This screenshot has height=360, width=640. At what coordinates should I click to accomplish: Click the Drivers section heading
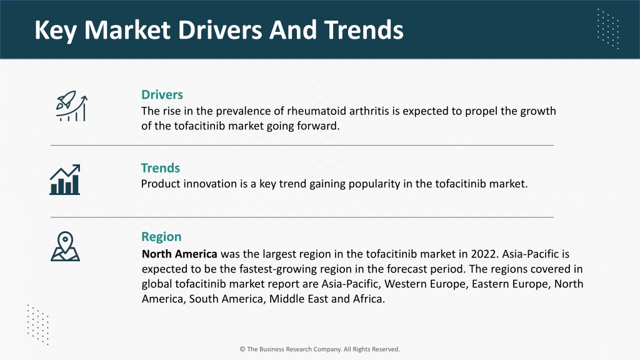point(162,95)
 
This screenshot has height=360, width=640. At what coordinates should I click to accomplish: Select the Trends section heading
point(161,168)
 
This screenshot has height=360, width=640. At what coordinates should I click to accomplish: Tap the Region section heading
point(161,237)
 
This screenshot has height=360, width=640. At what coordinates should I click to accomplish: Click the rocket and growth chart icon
point(71,106)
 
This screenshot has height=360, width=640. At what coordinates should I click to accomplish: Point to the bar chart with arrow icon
point(65,179)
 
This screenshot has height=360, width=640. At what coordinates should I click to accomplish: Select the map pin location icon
point(65,246)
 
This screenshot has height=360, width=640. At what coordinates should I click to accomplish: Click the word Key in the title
point(56,30)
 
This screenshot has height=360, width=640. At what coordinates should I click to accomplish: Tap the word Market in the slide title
point(127,30)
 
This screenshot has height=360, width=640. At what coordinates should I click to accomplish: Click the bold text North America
point(179,254)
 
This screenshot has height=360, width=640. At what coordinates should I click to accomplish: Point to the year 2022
point(484,254)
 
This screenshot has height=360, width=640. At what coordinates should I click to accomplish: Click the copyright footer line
point(320,349)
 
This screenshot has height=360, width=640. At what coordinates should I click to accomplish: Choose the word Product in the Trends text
point(161,184)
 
